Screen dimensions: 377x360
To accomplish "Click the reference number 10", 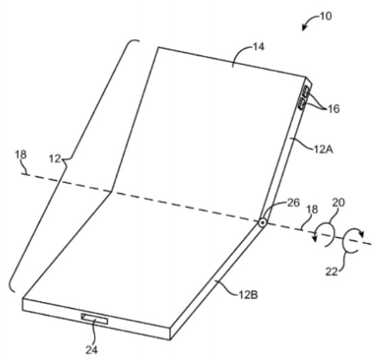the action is coord(326,16).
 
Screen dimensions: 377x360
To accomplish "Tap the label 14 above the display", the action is coord(259,47).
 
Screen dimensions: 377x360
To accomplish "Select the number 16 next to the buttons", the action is coord(334,109).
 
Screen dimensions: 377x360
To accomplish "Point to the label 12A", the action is coord(324,149).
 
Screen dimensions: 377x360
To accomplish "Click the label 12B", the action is coord(248,294).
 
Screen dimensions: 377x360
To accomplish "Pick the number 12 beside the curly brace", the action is coord(55,159).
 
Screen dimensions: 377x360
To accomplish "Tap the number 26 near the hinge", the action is coord(294,203).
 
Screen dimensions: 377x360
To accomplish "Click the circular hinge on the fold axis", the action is coord(262,223).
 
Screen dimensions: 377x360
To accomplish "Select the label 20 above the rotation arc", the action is coord(338,203).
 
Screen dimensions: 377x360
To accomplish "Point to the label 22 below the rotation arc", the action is coord(332,272).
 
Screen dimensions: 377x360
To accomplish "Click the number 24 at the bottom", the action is coord(92,350).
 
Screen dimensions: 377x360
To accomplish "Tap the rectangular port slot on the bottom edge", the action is coord(95,319).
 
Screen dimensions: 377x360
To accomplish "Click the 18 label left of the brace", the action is coord(21,154).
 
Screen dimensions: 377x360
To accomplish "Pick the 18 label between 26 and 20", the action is coord(312,209).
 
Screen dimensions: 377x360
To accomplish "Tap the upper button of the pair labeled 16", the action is coord(305,91).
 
